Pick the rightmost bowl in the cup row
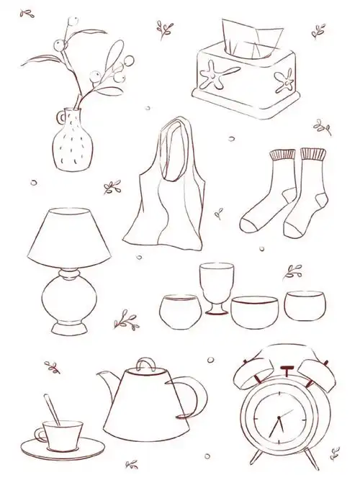303,305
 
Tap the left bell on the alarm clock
248,371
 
